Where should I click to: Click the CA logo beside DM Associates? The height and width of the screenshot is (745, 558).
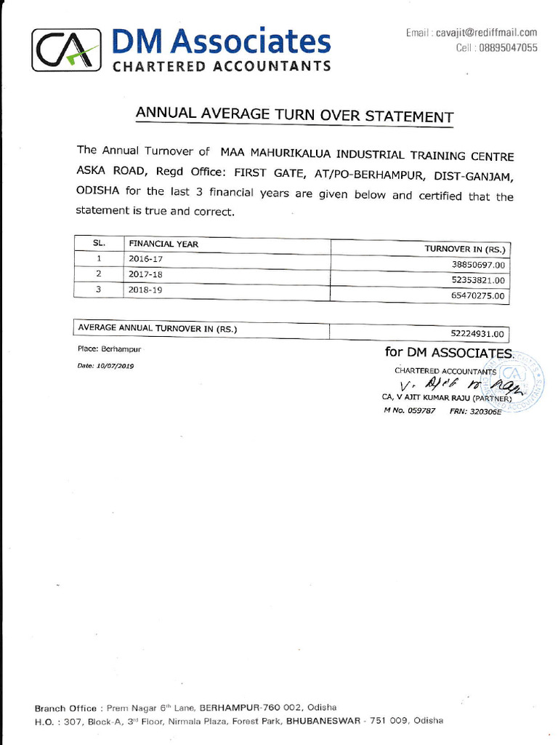tap(65, 49)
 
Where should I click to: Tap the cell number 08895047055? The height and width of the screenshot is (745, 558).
tap(507, 47)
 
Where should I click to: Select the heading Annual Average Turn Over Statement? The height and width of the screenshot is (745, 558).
tap(294, 115)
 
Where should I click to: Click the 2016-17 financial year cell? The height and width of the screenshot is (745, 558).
tap(145, 258)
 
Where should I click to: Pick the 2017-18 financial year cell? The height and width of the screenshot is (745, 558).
tap(146, 274)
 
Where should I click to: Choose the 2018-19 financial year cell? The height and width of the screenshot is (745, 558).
tap(146, 289)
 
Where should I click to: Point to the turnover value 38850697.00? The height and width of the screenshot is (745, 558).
tap(477, 265)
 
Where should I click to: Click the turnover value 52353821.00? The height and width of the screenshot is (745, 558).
tap(477, 280)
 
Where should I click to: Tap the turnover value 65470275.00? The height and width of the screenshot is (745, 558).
tap(477, 296)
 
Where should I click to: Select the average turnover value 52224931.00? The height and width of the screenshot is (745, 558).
tap(477, 334)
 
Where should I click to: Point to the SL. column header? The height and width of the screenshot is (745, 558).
tap(99, 243)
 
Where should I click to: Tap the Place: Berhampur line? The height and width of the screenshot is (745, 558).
tap(109, 349)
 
